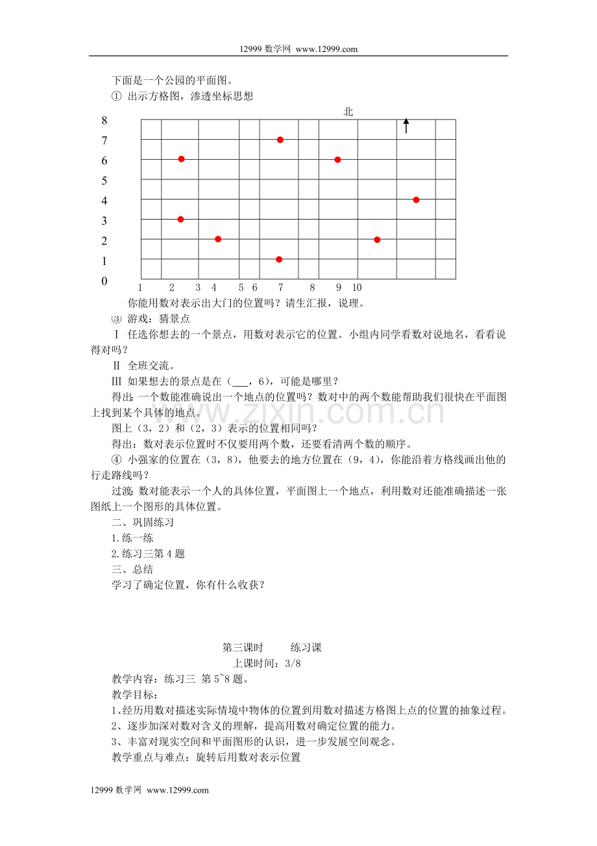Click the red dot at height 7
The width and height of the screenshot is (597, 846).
click(x=280, y=140)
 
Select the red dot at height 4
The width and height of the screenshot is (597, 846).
click(x=416, y=199)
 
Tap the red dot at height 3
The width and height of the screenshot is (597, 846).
click(x=180, y=219)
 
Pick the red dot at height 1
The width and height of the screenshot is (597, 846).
click(x=279, y=259)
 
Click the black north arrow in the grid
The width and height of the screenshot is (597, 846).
click(x=406, y=125)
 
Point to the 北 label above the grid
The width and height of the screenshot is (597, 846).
click(x=348, y=112)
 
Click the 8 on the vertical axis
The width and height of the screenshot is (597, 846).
click(x=104, y=120)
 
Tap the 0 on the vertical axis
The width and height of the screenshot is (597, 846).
click(x=104, y=281)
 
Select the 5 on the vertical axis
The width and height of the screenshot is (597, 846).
click(x=104, y=181)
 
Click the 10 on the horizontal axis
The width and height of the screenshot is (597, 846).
click(x=357, y=287)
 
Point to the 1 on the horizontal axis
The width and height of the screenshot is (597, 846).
click(x=141, y=287)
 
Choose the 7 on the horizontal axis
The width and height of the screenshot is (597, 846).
click(x=280, y=287)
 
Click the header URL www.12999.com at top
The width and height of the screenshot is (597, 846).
click(x=326, y=49)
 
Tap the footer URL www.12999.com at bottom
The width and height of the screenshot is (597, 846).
click(x=178, y=790)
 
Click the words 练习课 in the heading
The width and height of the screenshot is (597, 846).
click(x=306, y=647)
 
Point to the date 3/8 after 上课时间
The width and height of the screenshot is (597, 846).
click(x=295, y=663)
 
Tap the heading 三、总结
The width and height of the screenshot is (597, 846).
click(x=132, y=569)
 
